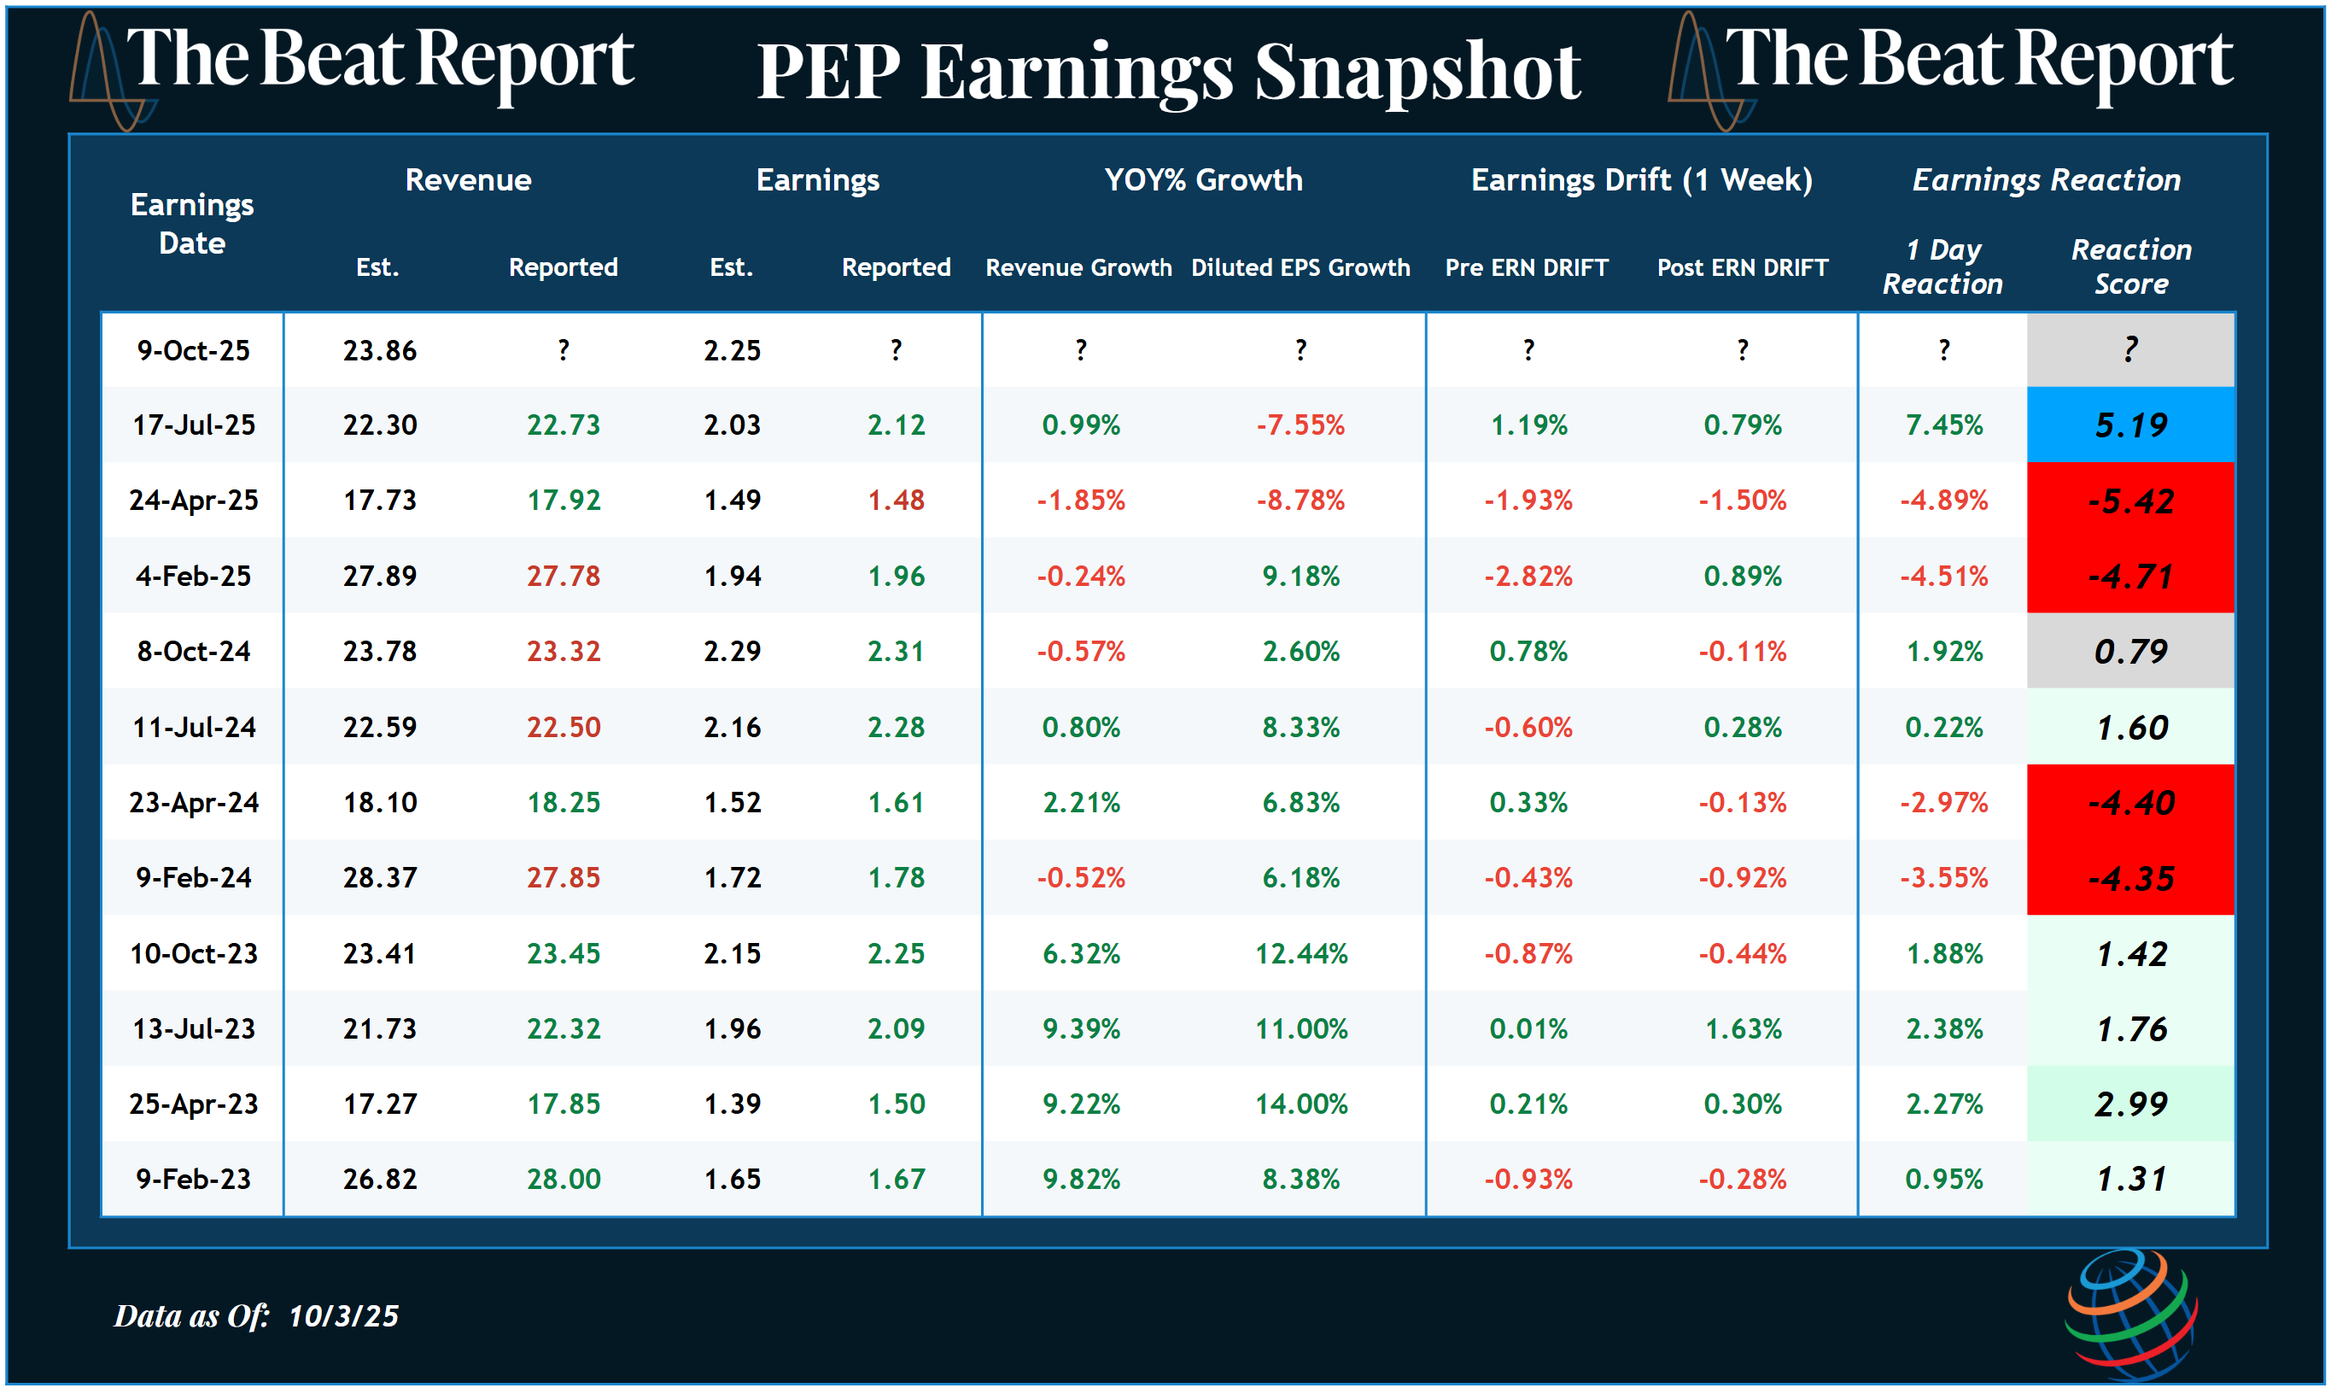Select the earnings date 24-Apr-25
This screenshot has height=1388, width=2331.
click(x=194, y=501)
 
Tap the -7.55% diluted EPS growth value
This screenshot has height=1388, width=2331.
click(x=1300, y=425)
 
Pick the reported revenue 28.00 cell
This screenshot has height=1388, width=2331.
click(x=563, y=1179)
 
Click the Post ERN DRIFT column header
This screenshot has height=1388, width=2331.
click(x=1742, y=267)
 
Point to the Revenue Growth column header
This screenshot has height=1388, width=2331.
click(x=1078, y=267)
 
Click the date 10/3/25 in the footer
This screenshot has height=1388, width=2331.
click(x=343, y=1316)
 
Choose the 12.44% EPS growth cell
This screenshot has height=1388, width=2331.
click(x=1300, y=953)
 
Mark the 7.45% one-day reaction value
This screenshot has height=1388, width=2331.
click(x=1943, y=425)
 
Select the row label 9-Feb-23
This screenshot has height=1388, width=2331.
click(x=194, y=1179)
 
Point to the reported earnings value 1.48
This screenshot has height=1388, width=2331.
click(x=895, y=501)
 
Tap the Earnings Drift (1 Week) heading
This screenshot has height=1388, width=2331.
click(x=1641, y=179)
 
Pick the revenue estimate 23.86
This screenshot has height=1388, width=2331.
click(x=379, y=351)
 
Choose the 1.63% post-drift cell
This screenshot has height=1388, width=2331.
click(x=1742, y=1029)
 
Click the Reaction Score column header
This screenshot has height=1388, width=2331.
click(x=2130, y=266)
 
